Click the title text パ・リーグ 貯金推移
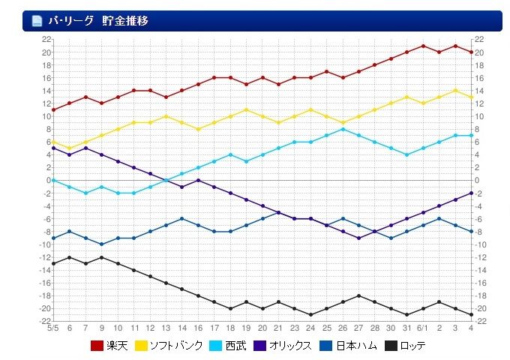point(98,21)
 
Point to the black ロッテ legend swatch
point(391,346)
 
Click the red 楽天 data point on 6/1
point(423,46)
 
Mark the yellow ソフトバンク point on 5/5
point(53,142)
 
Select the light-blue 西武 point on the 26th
point(343,129)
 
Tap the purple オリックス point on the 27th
point(358,238)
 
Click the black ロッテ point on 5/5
point(53,263)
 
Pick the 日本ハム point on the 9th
point(101,244)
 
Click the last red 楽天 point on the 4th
point(470,52)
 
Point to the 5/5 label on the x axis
point(53,328)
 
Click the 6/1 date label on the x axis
point(423,328)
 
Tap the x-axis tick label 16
point(198,328)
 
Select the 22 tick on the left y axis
point(46,39)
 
